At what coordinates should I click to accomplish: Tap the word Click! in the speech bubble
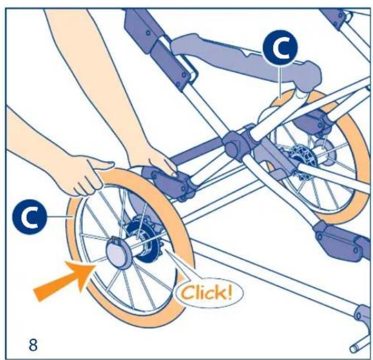point(206,292)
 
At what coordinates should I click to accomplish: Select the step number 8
point(33,344)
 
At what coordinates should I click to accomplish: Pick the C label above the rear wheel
point(280,47)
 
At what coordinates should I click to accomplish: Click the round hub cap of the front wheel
point(117,252)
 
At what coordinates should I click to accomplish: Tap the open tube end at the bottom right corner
point(354,349)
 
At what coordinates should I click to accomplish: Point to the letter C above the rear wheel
point(281,47)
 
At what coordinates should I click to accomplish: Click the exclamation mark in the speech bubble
point(229,291)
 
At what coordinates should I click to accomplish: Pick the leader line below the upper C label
point(280,81)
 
